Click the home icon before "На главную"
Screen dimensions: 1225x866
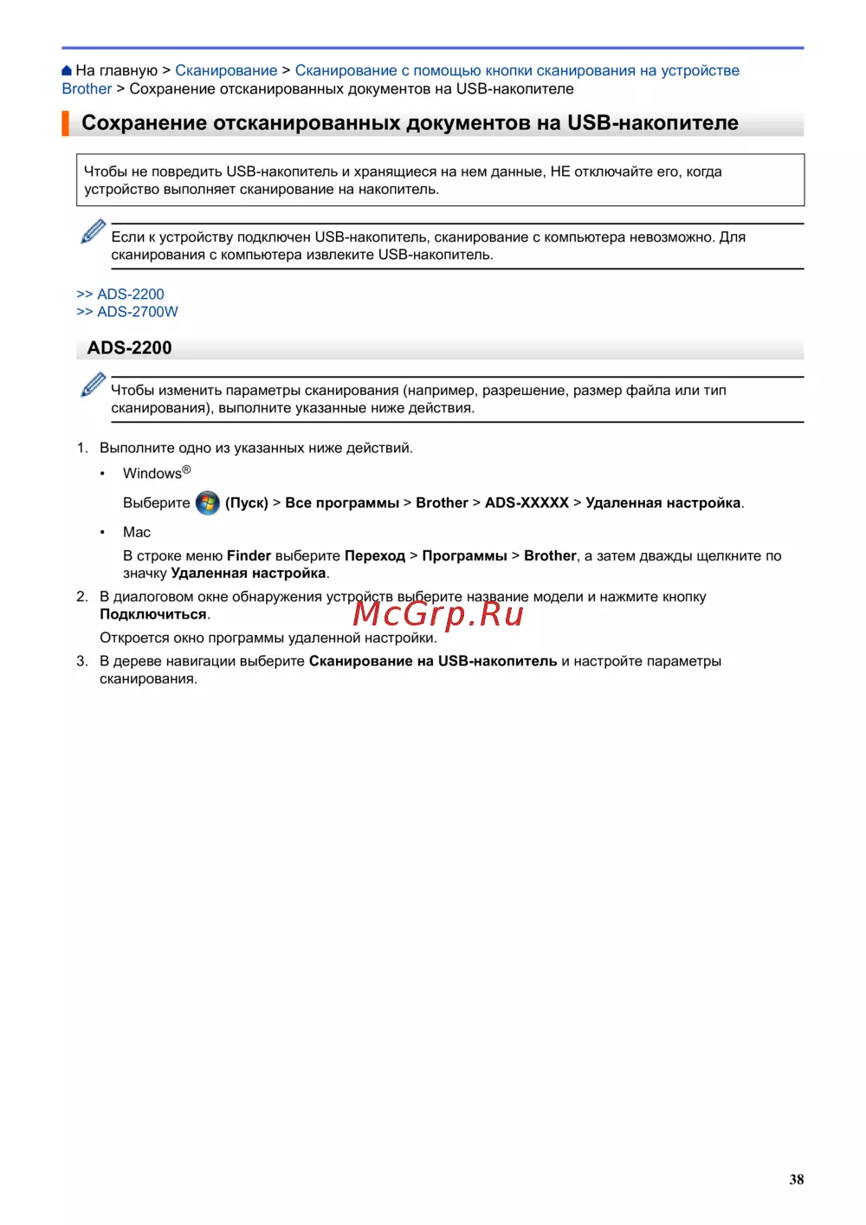67,71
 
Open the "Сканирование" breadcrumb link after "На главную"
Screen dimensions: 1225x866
226,71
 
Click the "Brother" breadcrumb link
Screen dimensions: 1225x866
87,89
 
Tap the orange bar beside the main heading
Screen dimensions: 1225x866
65,123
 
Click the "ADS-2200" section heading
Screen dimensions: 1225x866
130,348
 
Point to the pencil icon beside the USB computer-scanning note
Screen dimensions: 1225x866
93,231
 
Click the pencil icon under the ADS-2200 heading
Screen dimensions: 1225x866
93,385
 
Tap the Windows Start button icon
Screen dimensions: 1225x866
208,503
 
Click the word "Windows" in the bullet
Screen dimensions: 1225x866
152,474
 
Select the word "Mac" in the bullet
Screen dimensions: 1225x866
137,533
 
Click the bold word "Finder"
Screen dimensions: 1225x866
249,556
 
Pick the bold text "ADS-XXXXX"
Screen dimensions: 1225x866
527,503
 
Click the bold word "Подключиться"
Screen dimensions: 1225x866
153,615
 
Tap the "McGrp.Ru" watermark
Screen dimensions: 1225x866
438,614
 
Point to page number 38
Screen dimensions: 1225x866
797,1179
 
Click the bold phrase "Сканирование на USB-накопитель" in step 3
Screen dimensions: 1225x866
433,662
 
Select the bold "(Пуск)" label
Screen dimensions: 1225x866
247,503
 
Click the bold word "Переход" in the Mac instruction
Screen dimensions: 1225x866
375,556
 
